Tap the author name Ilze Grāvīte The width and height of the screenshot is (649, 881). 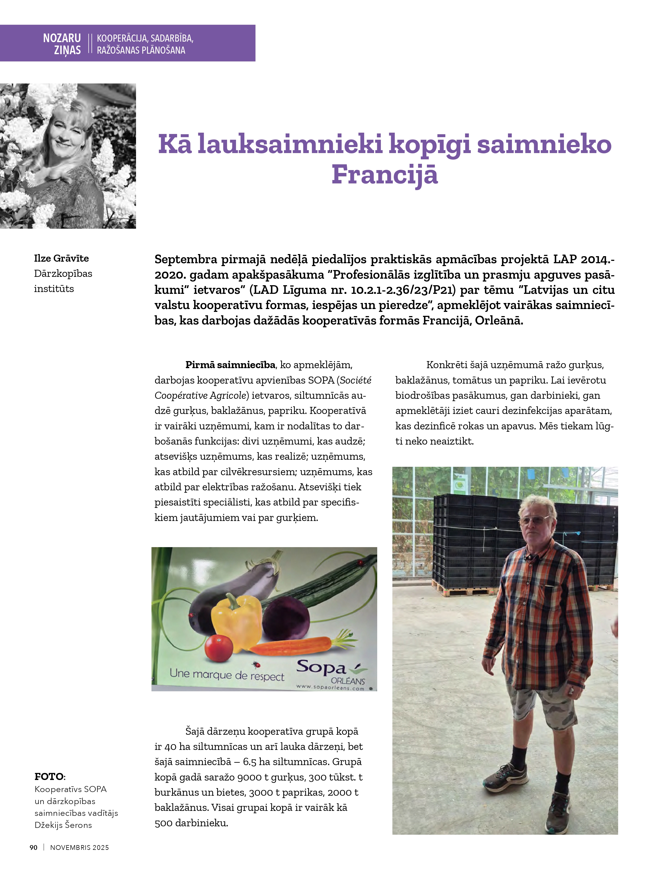pos(61,258)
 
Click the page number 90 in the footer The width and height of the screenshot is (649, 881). pos(33,848)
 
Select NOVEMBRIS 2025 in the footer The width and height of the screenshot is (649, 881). pos(79,848)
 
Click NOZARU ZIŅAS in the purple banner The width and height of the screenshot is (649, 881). pos(62,44)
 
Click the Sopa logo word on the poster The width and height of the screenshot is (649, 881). pos(321,668)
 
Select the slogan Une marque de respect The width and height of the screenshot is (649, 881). pos(227,675)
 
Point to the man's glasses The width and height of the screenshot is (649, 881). pos(534,520)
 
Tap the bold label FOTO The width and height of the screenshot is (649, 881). pos(49,777)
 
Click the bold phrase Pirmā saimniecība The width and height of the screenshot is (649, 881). pos(230,365)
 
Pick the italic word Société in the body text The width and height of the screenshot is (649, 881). pos(355,380)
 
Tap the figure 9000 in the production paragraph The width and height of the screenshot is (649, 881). pos(250,777)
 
